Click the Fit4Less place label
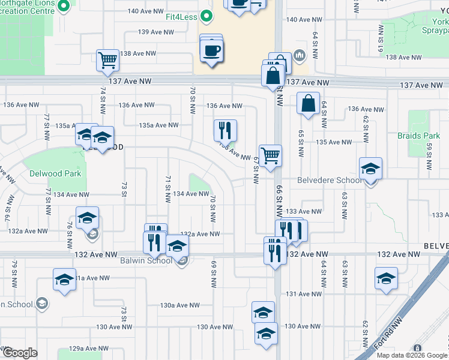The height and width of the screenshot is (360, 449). [182, 17]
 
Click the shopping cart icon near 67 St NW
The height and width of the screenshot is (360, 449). [271, 155]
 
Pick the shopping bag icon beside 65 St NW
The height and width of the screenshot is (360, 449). [308, 103]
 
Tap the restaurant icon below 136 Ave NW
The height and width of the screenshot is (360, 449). [225, 130]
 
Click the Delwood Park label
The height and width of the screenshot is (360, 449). [55, 174]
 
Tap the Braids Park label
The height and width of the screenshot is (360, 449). [414, 136]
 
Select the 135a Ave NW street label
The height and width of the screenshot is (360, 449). [158, 125]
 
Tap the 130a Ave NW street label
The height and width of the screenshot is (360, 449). [179, 305]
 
